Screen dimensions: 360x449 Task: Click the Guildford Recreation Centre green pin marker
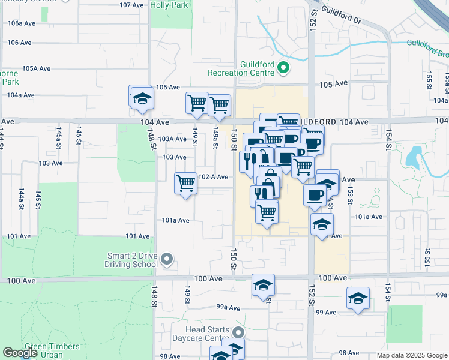coord(285,69)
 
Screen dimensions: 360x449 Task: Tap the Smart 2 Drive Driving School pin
coord(167,260)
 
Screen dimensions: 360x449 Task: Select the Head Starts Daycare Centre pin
coord(239,332)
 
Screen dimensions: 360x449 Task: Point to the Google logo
coord(20,353)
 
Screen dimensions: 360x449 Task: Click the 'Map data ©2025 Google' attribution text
coord(412,355)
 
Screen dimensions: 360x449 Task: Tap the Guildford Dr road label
coord(342,14)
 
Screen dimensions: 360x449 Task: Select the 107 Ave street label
coord(133,5)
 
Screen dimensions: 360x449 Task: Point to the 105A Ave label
coord(35,68)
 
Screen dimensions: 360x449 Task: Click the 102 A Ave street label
coord(213,177)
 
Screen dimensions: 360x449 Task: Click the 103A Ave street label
coord(172,139)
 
